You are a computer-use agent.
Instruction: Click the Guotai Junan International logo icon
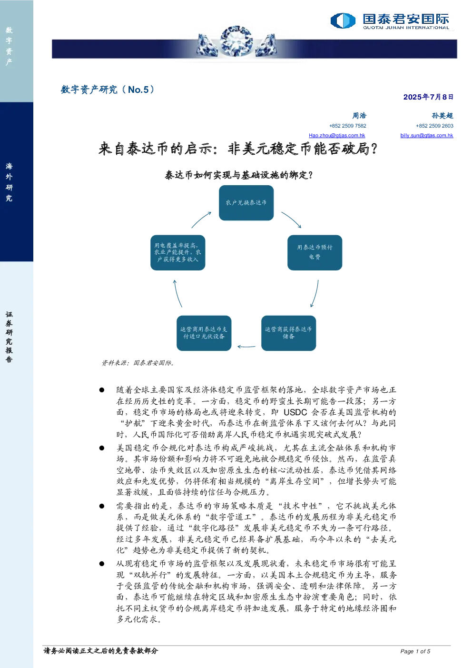click(343, 20)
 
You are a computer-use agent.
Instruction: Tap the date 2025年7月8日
click(428, 97)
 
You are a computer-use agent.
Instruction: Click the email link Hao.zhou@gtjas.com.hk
click(337, 135)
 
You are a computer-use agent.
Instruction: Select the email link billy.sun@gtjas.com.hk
click(427, 135)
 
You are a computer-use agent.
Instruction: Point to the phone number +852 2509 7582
click(348, 126)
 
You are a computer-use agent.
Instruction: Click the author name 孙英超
click(442, 116)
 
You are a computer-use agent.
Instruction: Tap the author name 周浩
click(359, 116)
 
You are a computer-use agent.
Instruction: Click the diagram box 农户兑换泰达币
click(246, 203)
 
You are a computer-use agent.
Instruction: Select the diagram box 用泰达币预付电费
click(315, 253)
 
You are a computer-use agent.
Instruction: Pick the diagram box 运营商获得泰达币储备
click(288, 333)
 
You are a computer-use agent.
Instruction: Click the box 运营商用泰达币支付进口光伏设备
click(204, 333)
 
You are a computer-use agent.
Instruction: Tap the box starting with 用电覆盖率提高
click(177, 253)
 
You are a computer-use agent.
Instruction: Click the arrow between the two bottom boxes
click(246, 347)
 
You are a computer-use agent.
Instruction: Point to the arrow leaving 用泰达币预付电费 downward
click(316, 294)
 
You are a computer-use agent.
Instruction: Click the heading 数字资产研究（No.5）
click(108, 90)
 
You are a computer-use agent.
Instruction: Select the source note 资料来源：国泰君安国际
click(138, 363)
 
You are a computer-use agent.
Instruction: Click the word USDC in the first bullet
click(295, 412)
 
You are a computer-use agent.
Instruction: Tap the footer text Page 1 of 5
click(415, 651)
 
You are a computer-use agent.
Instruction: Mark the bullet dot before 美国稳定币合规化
click(102, 448)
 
